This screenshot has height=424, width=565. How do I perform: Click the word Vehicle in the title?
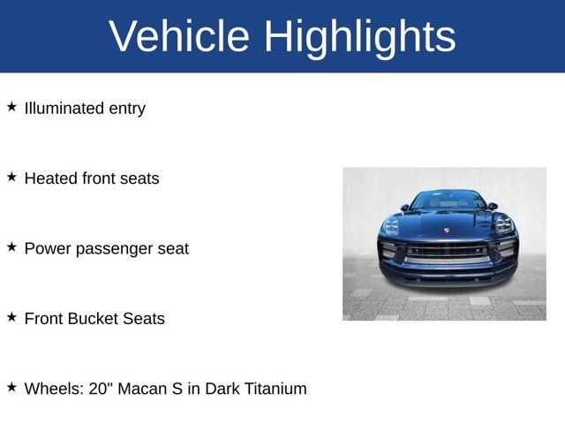(x=180, y=36)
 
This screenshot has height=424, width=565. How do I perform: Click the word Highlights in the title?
(x=359, y=36)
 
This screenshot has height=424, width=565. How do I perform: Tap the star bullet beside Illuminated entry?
(x=11, y=107)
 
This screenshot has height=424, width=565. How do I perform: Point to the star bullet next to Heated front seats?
(x=11, y=177)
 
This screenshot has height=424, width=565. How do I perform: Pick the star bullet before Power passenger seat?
(x=11, y=246)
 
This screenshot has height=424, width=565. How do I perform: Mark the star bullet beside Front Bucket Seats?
(x=11, y=316)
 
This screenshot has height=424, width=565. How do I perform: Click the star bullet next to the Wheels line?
(x=11, y=386)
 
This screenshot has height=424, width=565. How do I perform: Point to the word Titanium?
(x=274, y=388)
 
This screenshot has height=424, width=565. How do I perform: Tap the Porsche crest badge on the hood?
(x=447, y=231)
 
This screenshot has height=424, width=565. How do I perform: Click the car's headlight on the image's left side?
(x=390, y=225)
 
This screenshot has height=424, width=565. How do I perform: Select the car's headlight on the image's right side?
(x=504, y=225)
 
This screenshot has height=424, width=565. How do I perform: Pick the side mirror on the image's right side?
(x=493, y=207)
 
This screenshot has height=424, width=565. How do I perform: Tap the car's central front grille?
(x=447, y=250)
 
